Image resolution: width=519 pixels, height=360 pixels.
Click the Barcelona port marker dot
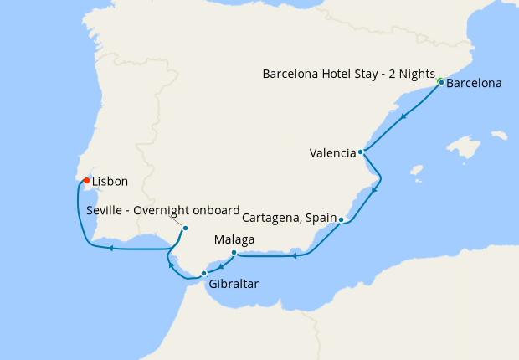point(441,83)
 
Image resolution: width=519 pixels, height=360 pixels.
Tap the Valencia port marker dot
point(360,152)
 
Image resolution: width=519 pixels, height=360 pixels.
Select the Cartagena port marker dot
point(342,219)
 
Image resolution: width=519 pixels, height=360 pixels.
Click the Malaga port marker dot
point(233,252)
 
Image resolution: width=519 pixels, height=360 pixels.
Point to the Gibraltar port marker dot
point(203,274)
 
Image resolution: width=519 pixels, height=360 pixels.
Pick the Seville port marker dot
point(185,228)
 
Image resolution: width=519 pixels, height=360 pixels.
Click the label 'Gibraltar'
point(234,285)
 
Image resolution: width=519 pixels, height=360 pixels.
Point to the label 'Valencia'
point(332,153)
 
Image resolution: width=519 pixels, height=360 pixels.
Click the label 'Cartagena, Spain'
point(289,218)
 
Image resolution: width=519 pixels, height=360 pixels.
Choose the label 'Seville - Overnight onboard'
point(163,210)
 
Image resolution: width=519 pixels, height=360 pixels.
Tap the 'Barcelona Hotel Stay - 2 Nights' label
point(349,74)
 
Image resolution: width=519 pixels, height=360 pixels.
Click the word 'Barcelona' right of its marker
point(474,84)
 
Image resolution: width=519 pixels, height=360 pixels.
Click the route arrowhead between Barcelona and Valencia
point(403,116)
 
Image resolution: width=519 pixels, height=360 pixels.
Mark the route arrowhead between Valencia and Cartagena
point(373,189)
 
